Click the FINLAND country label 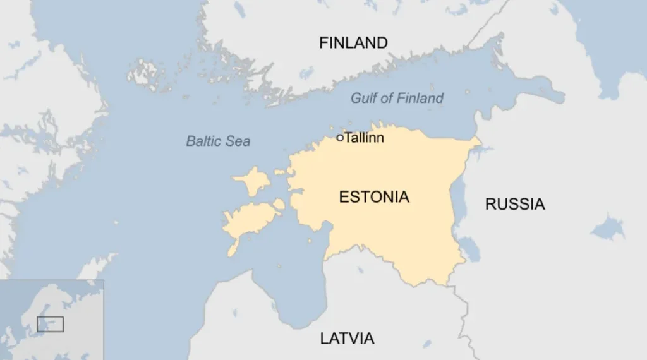click(x=353, y=43)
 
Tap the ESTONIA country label click(x=374, y=197)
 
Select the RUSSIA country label click(x=514, y=204)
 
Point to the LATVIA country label click(x=347, y=339)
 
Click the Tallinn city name click(x=365, y=138)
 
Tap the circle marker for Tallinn click(x=340, y=138)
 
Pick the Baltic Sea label click(x=218, y=141)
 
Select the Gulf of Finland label click(x=397, y=98)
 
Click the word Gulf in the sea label click(x=364, y=98)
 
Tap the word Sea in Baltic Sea click(x=238, y=141)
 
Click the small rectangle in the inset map click(x=50, y=324)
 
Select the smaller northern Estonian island click(x=251, y=180)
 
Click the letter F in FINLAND click(x=323, y=43)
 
